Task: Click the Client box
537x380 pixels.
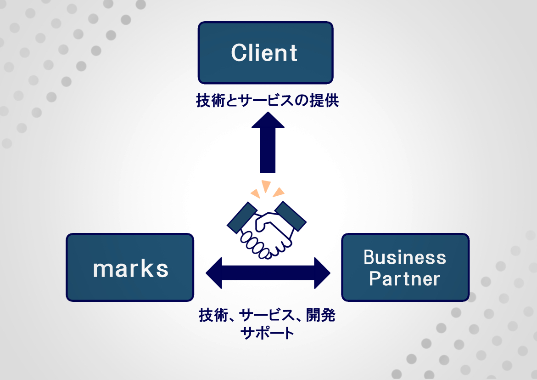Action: [x=265, y=53]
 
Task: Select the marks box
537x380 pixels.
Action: [x=130, y=267]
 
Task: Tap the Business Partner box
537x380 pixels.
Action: [x=405, y=267]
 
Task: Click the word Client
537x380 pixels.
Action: [x=264, y=53]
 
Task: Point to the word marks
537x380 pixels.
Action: [x=131, y=269]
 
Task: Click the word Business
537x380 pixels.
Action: [x=405, y=257]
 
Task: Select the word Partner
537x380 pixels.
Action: [x=405, y=278]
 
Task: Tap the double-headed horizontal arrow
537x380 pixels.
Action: [x=268, y=273]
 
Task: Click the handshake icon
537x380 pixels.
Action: [x=267, y=227]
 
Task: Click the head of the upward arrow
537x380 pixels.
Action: [x=268, y=120]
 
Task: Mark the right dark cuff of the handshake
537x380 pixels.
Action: [x=291, y=216]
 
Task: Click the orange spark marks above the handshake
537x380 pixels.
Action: [x=267, y=188]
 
